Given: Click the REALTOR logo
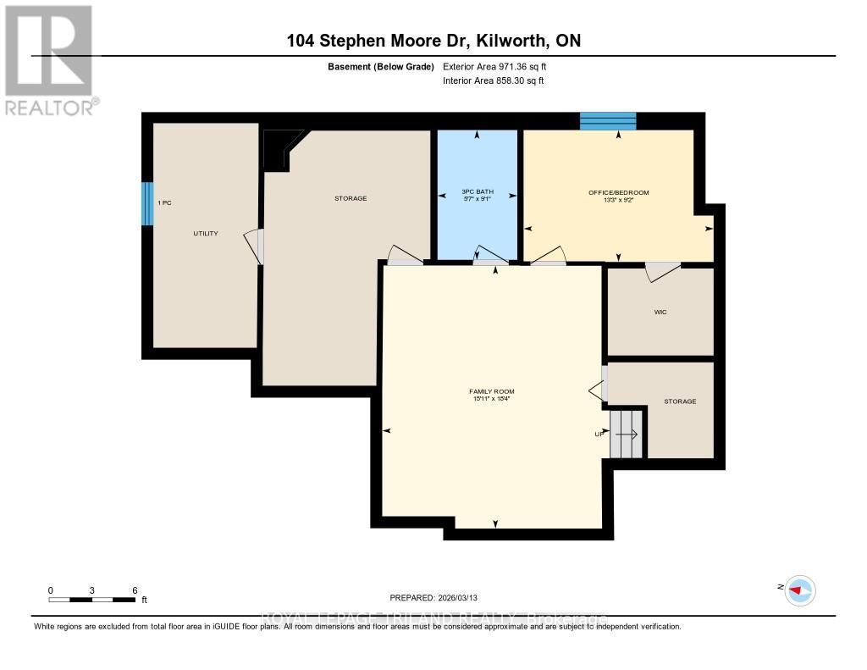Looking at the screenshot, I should (49, 59).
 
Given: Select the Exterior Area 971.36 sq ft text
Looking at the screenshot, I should (500, 66).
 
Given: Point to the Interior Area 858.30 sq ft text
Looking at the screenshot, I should (493, 80).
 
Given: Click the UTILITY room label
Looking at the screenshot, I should (206, 233).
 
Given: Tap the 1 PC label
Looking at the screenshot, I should (164, 203).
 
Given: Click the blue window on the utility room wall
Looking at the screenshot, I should (147, 203).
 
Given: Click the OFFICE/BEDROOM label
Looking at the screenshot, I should (619, 193).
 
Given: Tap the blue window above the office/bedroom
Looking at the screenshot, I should (608, 121).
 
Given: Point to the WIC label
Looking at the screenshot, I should (660, 312).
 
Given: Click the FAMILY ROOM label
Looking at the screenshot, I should (492, 391).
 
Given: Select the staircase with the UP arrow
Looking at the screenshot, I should (627, 434).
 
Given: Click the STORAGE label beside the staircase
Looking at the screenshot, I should (680, 401).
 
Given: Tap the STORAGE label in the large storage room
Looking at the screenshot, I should (350, 198).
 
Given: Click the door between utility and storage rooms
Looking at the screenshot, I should (254, 246).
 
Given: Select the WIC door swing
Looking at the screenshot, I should (662, 270).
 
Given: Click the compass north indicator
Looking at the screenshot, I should (798, 590).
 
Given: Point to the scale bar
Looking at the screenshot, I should (91, 600).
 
